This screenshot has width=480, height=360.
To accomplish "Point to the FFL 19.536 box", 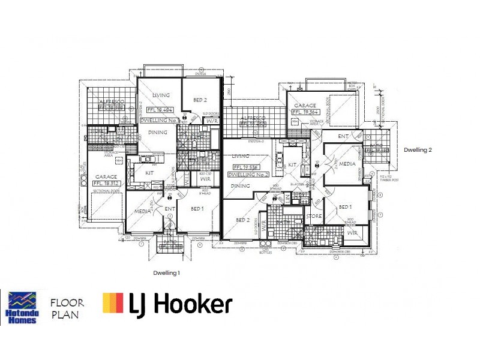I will (245, 167).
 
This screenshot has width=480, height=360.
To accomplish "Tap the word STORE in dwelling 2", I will (314, 217).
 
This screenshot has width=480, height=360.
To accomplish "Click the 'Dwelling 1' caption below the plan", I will (166, 273).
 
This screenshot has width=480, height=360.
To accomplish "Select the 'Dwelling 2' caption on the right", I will (418, 150).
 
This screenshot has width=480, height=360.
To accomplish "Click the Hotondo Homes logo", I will (22, 307).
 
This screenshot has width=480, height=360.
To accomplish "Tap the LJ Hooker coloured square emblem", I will (113, 304).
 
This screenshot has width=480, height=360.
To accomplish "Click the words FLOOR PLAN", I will (67, 308).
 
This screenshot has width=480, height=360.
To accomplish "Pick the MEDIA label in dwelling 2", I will (347, 164).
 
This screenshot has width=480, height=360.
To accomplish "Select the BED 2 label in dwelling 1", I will (200, 100).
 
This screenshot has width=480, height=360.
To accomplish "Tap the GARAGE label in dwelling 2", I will (305, 105).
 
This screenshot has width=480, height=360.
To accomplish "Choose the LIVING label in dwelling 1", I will (161, 95).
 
